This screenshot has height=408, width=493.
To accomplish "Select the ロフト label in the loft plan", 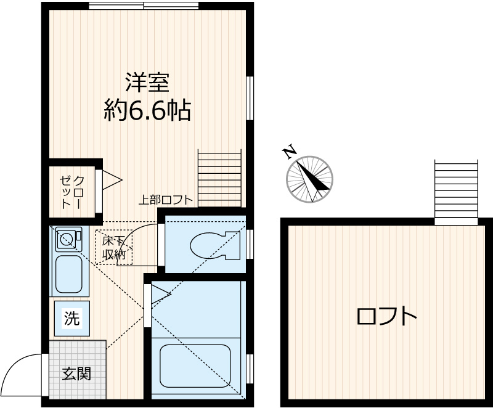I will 386,317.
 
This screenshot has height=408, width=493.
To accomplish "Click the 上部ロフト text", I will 165,200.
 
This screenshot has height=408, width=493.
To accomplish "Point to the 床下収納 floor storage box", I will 113,247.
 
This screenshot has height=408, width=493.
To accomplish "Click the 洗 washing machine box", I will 72,319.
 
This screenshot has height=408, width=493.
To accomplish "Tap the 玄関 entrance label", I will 76,373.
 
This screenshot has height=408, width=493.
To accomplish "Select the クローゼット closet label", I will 71,191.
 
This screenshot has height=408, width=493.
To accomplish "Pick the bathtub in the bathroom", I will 195,365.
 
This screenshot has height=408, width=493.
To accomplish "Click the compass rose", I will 309,179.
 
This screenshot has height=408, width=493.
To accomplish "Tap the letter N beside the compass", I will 288,152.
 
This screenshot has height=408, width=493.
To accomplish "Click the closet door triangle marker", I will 112,180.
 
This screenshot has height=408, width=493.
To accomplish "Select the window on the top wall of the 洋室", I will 144,6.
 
